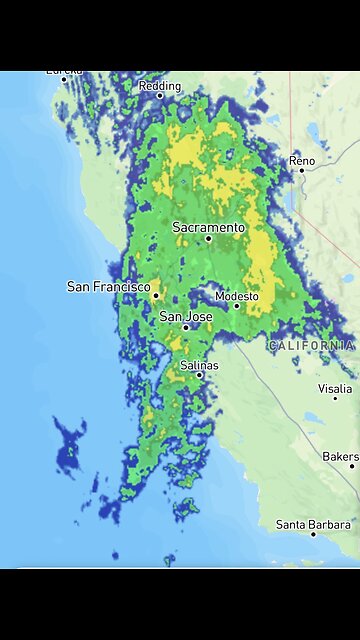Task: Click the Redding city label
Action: coord(160,86)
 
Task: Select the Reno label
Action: coord(301,160)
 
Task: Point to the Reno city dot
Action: coord(301,170)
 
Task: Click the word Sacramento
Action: coord(208,227)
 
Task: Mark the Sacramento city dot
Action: coord(209,239)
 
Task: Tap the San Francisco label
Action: coord(108,286)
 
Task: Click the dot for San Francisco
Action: coord(156,295)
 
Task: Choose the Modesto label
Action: coord(237,296)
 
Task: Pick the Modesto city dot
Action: coord(237,307)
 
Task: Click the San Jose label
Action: coord(186,316)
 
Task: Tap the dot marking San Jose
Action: coord(186,327)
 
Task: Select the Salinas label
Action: coord(199,366)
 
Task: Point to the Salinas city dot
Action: coord(200,375)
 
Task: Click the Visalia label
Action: coord(335,388)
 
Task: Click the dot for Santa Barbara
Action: coord(313,534)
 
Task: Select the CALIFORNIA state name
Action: coord(311,345)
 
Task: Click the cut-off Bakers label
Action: coord(339,456)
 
